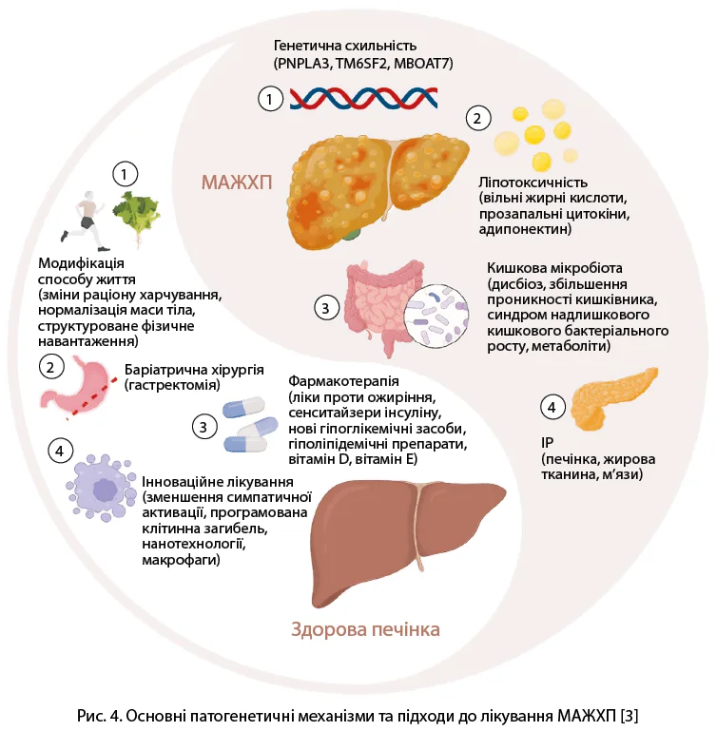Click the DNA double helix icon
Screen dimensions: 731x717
(x=357, y=98)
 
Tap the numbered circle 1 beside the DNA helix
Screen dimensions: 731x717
(x=271, y=98)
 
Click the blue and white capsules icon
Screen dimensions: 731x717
(x=249, y=424)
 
